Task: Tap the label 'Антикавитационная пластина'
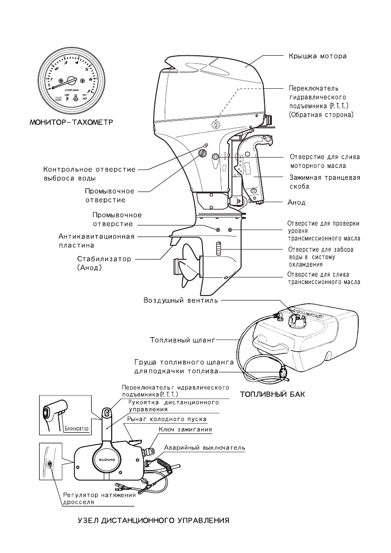93,240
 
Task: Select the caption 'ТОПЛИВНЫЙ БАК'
272,395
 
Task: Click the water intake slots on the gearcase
218,249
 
